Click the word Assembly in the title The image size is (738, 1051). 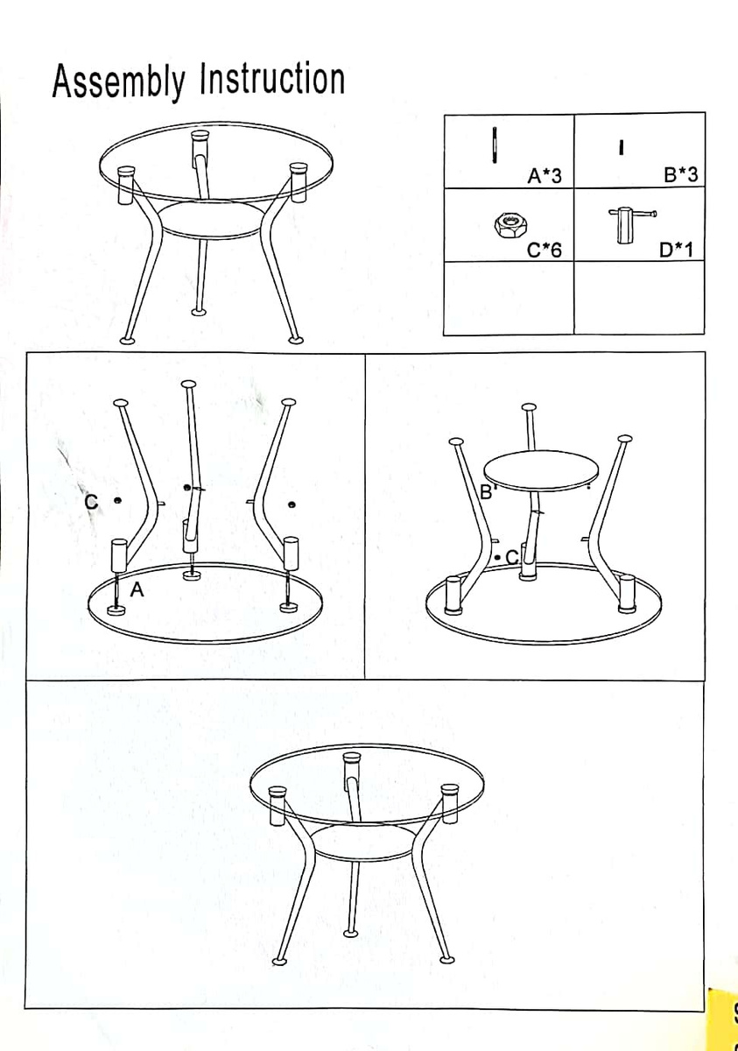[119, 81]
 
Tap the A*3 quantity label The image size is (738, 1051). [544, 176]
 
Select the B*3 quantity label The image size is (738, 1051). [681, 174]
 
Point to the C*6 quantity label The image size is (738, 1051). [544, 250]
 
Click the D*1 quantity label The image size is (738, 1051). [676, 250]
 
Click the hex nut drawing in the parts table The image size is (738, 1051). [510, 225]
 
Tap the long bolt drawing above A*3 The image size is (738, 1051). [494, 145]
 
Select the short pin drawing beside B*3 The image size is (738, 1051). [622, 147]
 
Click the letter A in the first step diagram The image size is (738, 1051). [137, 589]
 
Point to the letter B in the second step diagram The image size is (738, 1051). [486, 491]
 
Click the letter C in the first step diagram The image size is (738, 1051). [91, 502]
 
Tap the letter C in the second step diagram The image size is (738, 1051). [512, 557]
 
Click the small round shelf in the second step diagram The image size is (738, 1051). [541, 470]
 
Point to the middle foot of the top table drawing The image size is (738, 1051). [200, 312]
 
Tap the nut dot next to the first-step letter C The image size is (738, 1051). [117, 501]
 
